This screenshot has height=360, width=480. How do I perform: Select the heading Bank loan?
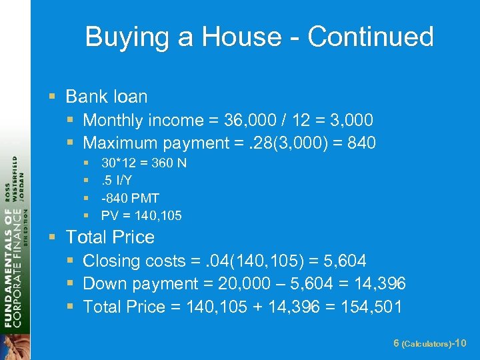click(x=106, y=97)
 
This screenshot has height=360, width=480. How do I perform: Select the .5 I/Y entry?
click(x=116, y=180)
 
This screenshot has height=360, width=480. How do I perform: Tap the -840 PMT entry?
click(x=130, y=198)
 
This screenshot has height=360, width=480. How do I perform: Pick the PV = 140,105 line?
click(x=141, y=215)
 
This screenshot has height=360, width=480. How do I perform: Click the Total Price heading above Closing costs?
click(x=110, y=237)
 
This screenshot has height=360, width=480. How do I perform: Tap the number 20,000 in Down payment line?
click(x=242, y=284)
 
